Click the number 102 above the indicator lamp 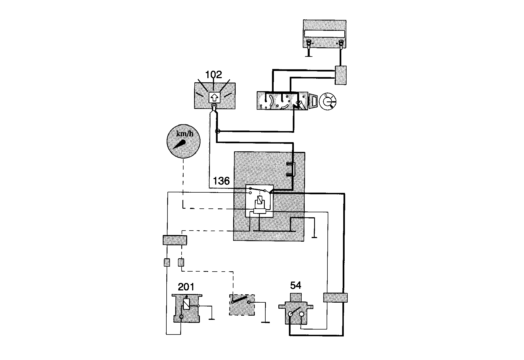(x=213, y=75)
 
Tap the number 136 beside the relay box (x=221, y=181)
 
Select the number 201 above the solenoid (x=186, y=287)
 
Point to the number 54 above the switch (x=296, y=285)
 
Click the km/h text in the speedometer (x=185, y=134)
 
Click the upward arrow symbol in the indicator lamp (x=214, y=97)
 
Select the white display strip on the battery (x=325, y=34)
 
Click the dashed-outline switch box (x=242, y=304)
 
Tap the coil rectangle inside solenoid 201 (x=187, y=304)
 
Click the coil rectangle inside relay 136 (x=260, y=200)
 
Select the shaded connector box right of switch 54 (x=335, y=298)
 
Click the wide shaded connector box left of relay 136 (x=175, y=240)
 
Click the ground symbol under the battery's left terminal (x=309, y=56)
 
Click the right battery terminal (x=341, y=43)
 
